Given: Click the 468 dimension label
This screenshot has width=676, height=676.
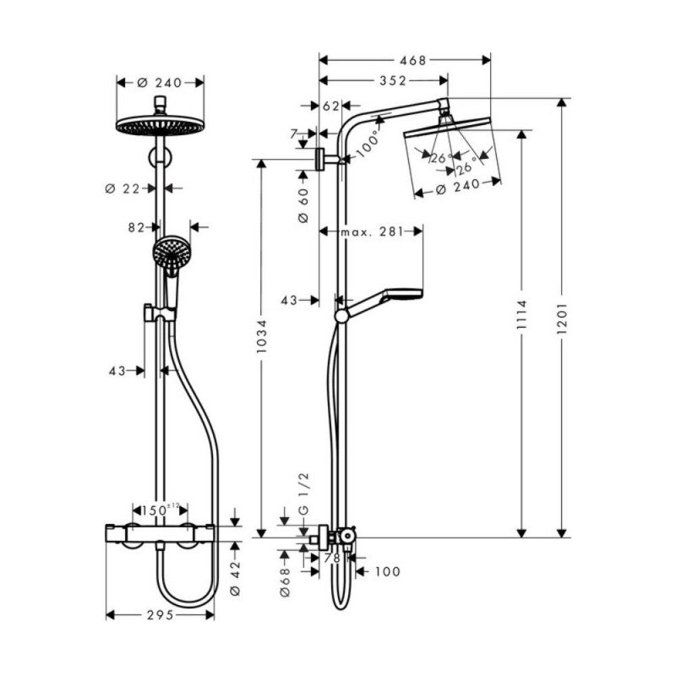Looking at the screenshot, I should [413, 60].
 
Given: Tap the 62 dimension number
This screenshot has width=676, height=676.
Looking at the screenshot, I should [330, 106].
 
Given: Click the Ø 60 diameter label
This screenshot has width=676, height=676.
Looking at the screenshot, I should [304, 205].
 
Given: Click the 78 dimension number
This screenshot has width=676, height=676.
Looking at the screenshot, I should [331, 558].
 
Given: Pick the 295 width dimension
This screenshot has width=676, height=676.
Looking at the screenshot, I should [160, 615].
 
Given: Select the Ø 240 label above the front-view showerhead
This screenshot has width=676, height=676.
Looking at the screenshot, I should [160, 82].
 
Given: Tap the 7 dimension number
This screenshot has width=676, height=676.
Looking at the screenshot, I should [294, 134].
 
